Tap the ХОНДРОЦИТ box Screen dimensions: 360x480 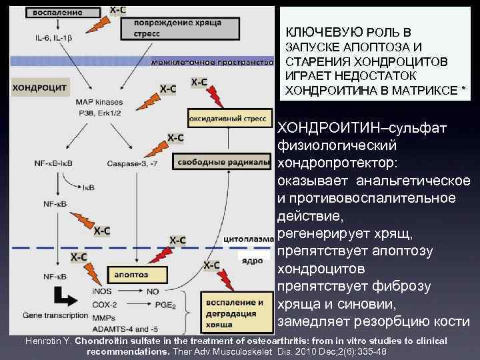point(38,87)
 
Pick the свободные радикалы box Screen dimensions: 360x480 point(224,161)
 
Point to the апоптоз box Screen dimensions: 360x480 point(131,274)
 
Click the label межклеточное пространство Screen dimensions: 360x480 point(212,62)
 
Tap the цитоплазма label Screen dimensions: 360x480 point(249,237)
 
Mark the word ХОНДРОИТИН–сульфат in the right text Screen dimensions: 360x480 point(340,127)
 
